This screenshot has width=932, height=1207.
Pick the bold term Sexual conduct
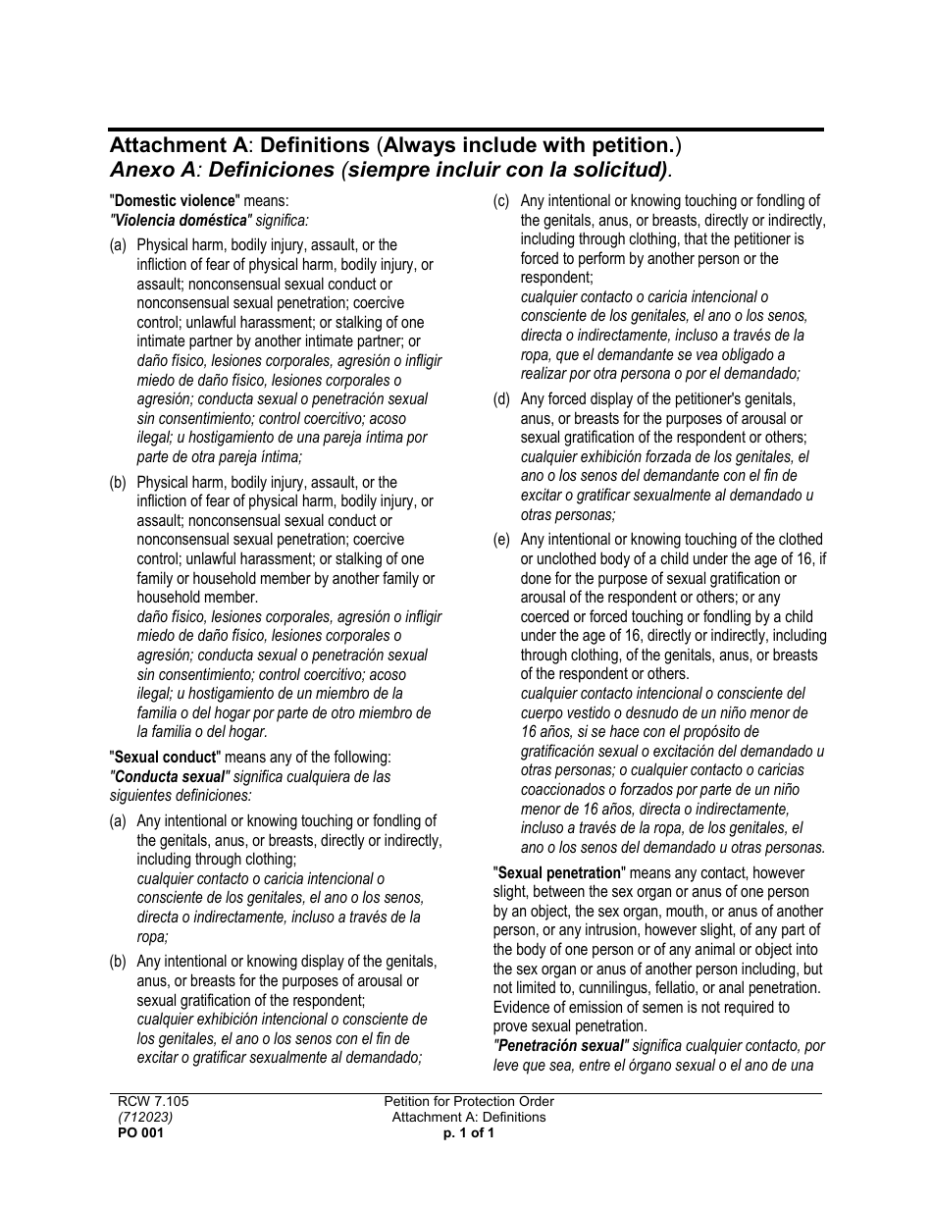coord(164,758)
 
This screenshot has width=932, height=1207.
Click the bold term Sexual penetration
coord(559,872)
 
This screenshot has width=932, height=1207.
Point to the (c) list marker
coord(501,201)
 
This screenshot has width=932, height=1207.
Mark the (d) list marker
coord(501,399)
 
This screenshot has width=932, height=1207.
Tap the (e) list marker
coord(501,540)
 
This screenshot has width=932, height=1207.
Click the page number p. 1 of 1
coord(468,1132)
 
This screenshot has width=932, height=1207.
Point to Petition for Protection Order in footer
coord(468,1102)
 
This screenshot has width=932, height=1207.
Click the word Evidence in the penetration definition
coord(522,1007)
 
